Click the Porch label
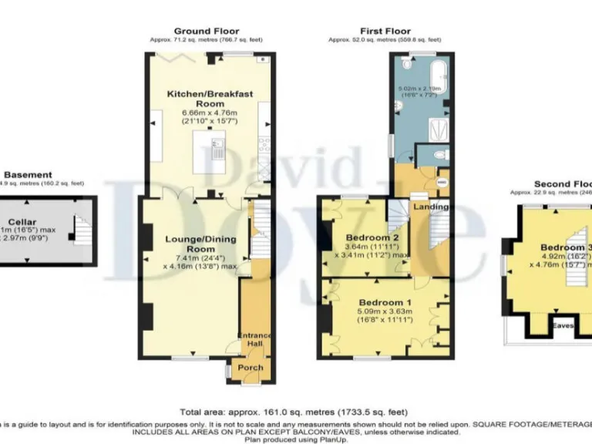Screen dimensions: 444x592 [x=251, y=368]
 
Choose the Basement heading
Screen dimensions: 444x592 [x=29, y=175]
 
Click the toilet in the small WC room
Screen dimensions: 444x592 [x=439, y=155]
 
